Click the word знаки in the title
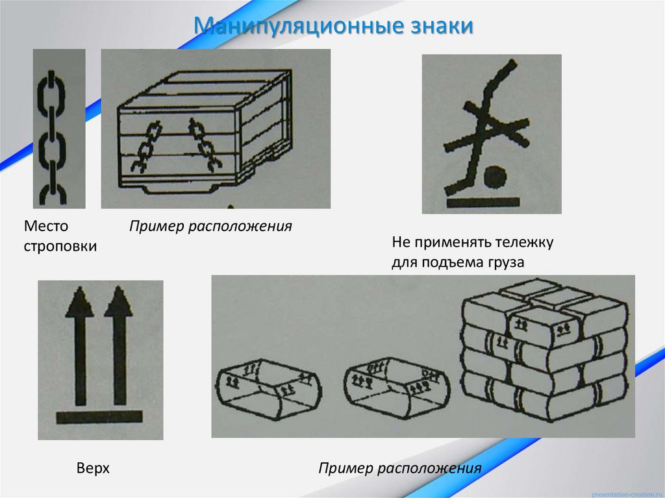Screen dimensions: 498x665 pos(442,27)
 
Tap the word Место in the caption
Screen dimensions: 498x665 pos(46,227)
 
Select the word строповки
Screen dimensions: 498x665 pos(60,247)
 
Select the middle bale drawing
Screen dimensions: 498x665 pos(396,386)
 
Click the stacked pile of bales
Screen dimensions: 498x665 pos(544,351)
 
